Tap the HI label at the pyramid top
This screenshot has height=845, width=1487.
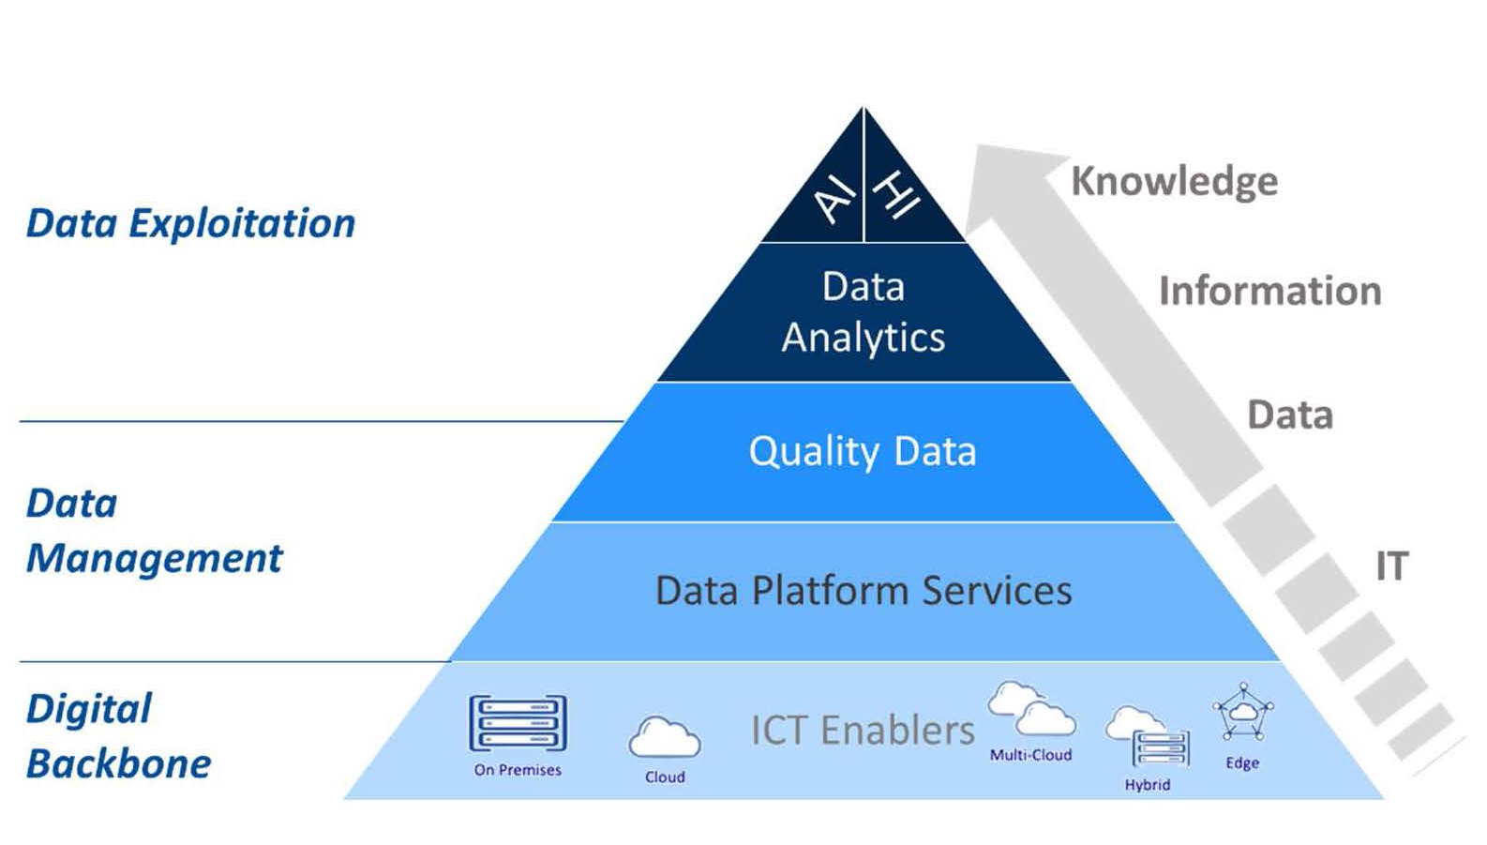point(896,194)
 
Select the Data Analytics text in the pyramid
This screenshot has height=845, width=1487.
point(864,312)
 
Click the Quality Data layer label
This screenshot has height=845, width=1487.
point(863,452)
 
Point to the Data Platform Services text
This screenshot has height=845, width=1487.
point(864,591)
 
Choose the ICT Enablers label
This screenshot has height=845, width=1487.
point(863,730)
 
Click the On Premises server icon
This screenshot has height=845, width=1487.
point(518,723)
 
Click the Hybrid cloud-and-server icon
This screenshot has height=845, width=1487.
point(1148,737)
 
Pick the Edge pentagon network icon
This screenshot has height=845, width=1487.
point(1242,713)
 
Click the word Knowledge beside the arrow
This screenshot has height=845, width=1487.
point(1174,181)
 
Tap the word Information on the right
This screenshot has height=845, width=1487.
point(1269,291)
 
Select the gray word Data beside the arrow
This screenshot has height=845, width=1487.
point(1290,415)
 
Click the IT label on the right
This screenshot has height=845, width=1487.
point(1391,566)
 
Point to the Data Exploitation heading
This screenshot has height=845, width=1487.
point(190,223)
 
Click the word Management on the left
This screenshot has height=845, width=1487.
point(154,559)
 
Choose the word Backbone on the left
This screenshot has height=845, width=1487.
point(118,764)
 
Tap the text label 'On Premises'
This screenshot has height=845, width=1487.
point(518,770)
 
